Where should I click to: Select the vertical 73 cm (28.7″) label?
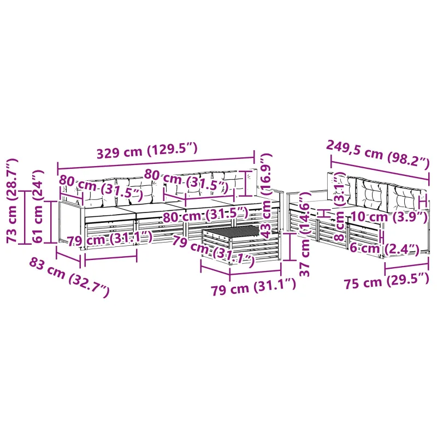pos(12,200)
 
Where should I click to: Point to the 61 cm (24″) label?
pos(38,206)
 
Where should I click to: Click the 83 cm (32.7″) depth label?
pos(69,277)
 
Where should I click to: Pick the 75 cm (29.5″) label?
pos(386,281)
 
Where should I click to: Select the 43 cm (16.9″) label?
pos(266,196)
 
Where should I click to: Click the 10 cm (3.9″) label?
pos(389,217)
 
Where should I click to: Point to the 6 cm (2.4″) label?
pos(385,249)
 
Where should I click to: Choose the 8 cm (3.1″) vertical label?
pos(339,207)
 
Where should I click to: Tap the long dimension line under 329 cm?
pos(156,163)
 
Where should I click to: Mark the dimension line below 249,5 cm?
pos(380,170)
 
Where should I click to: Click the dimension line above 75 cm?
pos(406,267)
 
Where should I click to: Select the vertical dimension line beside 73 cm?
pos(25,217)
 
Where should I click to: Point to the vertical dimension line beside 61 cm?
pos(51,222)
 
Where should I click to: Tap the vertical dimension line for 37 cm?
pos(290,247)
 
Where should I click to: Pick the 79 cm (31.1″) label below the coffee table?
pos(253,286)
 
